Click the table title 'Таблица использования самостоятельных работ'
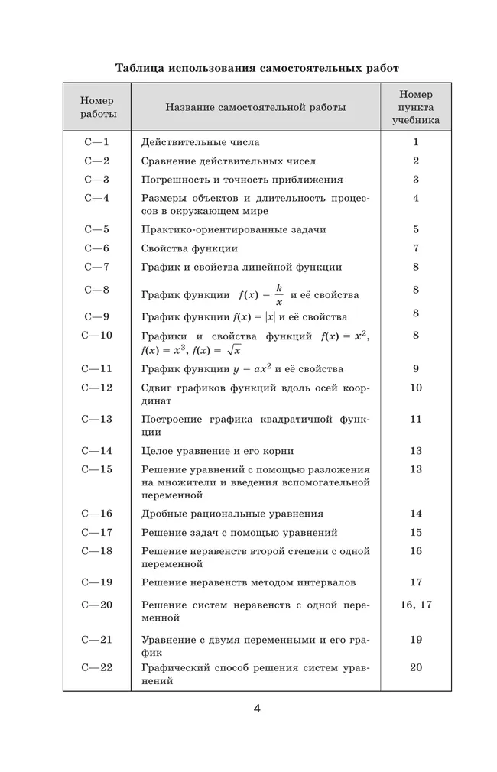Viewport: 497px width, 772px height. (256, 68)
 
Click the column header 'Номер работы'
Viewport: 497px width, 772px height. (98, 107)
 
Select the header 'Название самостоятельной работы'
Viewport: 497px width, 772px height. (255, 107)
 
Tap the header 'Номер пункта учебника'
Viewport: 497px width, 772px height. (416, 107)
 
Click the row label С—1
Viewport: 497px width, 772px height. (97, 141)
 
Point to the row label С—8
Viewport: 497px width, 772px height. (97, 290)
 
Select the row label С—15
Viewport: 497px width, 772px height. (97, 469)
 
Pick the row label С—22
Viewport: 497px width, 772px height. (97, 667)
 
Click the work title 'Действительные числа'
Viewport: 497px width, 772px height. (200, 142)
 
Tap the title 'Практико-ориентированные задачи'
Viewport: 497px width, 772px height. (234, 229)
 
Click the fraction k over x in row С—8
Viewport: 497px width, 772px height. (279, 294)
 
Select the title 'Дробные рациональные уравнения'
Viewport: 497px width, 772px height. (232, 514)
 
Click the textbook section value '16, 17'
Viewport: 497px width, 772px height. (416, 604)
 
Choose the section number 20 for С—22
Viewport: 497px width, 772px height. (416, 667)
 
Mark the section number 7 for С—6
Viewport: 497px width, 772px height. (416, 248)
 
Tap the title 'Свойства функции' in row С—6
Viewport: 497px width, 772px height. (190, 248)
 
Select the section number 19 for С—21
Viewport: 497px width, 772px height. (416, 639)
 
